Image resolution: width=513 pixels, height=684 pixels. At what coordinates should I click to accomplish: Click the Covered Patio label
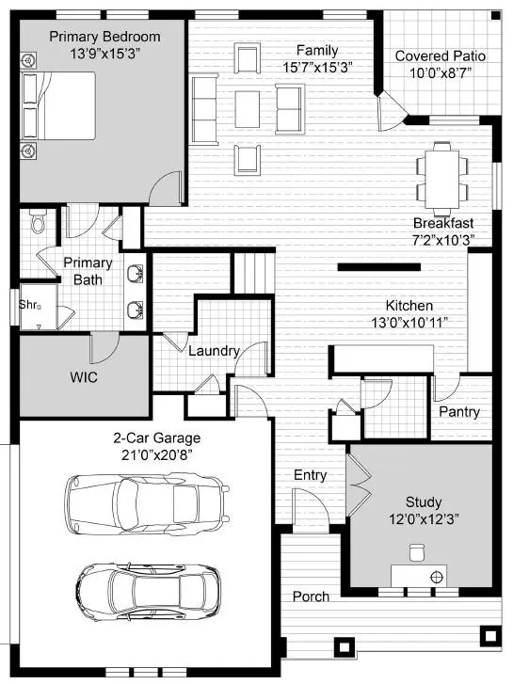(x=433, y=56)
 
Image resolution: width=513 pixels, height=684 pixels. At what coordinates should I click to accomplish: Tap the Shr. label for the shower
(x=28, y=304)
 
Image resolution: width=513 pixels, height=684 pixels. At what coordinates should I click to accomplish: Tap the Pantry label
(x=459, y=412)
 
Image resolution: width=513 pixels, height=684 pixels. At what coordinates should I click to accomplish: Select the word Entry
(x=311, y=475)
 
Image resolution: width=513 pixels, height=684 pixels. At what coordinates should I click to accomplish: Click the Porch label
(x=311, y=597)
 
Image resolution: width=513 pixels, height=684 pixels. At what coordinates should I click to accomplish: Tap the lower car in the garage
(x=149, y=590)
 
